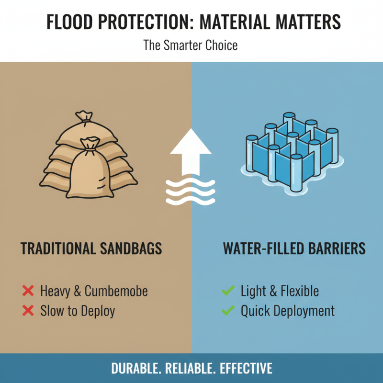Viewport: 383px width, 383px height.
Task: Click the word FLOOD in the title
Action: [x=71, y=23]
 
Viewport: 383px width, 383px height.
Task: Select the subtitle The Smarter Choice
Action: [x=191, y=46]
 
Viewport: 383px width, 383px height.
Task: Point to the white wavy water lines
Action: [x=191, y=191]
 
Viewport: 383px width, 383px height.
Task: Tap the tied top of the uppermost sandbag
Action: [x=83, y=116]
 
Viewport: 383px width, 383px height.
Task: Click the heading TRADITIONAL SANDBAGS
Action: [x=91, y=248]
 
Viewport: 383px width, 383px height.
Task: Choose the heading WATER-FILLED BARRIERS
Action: [x=294, y=248]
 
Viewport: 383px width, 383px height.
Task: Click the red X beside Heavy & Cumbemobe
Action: [x=28, y=291]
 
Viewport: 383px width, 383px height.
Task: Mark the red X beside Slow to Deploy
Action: [x=28, y=311]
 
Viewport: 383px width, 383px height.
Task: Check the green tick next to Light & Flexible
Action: [x=228, y=291]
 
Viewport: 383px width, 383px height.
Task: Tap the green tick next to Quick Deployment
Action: [x=228, y=311]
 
